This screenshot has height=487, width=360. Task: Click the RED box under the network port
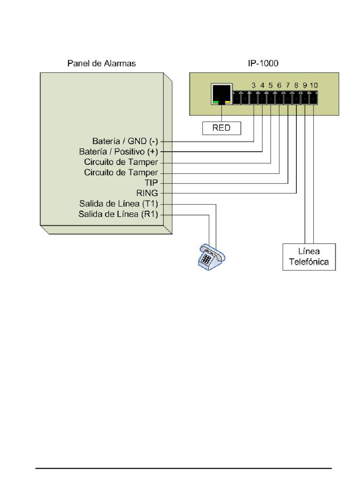pos(221,128)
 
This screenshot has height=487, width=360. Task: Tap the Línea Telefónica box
pos(309,257)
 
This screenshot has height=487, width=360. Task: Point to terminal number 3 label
pos(253,85)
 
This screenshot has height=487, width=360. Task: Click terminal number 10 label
pos(313,85)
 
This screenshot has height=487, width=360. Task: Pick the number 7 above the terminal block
pos(288,85)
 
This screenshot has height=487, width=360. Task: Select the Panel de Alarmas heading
pos(102,63)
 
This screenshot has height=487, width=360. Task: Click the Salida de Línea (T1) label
pos(118,204)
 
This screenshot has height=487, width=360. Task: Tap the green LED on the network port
pos(216,102)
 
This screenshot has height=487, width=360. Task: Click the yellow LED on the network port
pos(227,102)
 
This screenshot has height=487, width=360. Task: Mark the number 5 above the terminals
pos(271,85)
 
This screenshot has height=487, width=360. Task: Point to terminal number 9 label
pos(305,85)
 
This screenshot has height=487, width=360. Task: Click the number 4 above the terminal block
pos(262,85)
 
